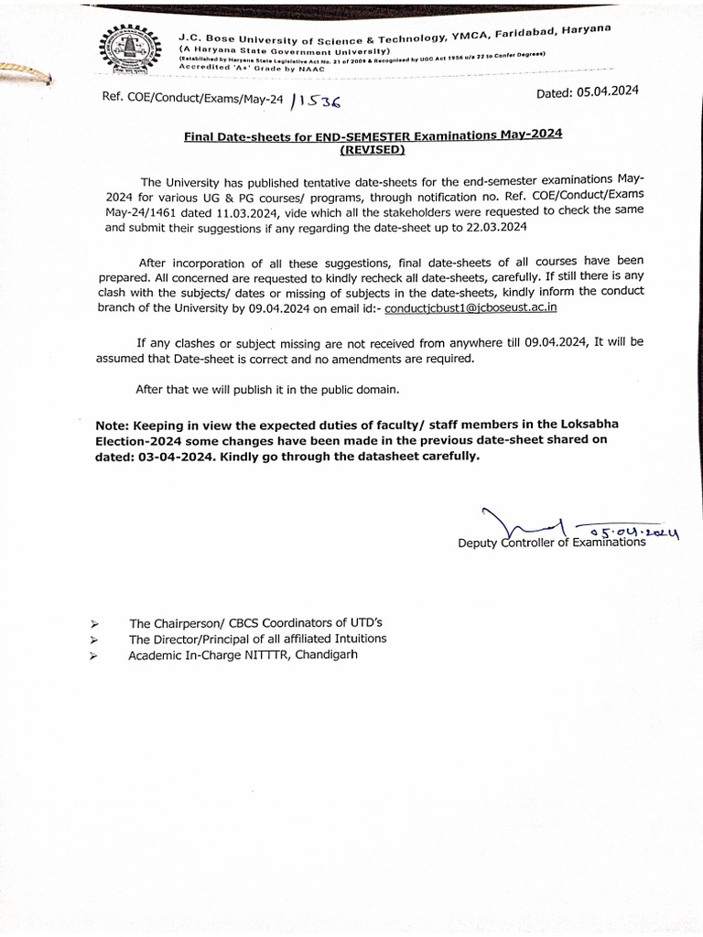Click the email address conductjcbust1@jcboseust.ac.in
coord(470,308)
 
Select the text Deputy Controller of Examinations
coord(552,543)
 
